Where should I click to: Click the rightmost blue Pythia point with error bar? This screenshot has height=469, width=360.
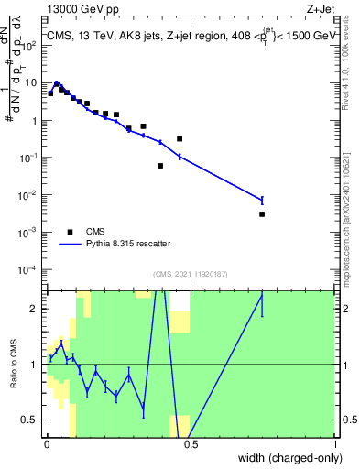coord(262,200)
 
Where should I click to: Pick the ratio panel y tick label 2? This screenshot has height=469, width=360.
coord(35,309)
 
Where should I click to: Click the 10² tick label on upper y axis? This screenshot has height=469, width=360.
coord(30,45)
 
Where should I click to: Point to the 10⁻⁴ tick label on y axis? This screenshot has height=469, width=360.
coord(30,270)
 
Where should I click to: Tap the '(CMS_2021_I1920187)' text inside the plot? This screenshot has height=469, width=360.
coord(190,274)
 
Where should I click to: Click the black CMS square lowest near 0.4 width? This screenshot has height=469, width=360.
coord(160,166)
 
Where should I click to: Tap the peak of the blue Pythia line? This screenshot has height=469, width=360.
coord(57,82)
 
